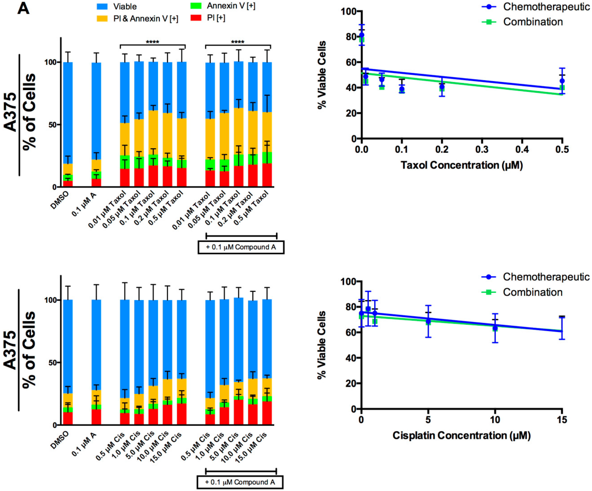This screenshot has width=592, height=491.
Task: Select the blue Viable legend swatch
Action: pos(102,6)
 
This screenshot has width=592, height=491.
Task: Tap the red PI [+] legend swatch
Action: pos(196,18)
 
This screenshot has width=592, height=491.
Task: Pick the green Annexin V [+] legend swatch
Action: pos(196,6)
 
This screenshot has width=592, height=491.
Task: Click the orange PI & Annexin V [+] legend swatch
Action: pos(102,19)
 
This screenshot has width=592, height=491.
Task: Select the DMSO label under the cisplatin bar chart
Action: pos(60,440)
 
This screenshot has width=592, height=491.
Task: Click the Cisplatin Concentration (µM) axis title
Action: pos(461,436)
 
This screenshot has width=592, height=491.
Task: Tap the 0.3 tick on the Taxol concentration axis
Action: pos(482,149)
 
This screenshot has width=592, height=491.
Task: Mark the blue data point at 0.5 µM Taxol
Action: pos(562,81)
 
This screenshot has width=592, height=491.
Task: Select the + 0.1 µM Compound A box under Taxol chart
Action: pos(241,247)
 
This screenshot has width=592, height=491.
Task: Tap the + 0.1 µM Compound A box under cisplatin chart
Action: pos(240,482)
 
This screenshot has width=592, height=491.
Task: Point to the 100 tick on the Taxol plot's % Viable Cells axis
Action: pos(348,12)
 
